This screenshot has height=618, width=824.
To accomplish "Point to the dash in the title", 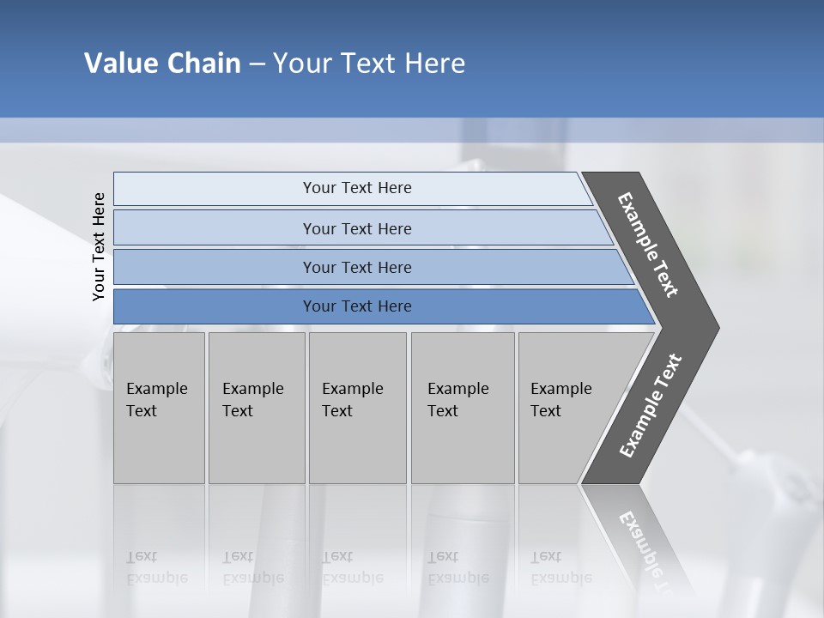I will pyautogui.click(x=257, y=64).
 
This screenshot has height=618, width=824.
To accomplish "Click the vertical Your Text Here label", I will pyautogui.click(x=99, y=246).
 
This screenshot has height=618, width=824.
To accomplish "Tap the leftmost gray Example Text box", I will pyautogui.click(x=159, y=408).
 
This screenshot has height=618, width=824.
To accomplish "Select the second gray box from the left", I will pyautogui.click(x=257, y=408).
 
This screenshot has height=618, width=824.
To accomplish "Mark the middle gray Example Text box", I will pyautogui.click(x=357, y=408).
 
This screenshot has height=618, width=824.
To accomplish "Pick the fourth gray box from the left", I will pyautogui.click(x=463, y=408).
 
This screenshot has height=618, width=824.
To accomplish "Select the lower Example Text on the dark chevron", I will pyautogui.click(x=650, y=405).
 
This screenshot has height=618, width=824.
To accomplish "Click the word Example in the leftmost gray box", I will pyautogui.click(x=156, y=389).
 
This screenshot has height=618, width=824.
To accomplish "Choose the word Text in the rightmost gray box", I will pyautogui.click(x=546, y=411).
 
